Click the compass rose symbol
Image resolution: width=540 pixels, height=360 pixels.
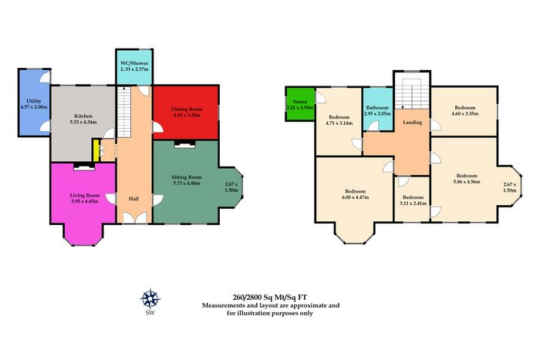[x=150, y=298]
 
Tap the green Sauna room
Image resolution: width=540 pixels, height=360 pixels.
[x=300, y=104]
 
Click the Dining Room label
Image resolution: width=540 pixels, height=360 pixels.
[x=187, y=109]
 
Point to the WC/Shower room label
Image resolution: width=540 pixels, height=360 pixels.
[x=134, y=63]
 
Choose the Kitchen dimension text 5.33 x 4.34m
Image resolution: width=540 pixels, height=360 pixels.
[x=83, y=122]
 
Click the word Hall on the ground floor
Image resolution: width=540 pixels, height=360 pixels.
[x=134, y=199]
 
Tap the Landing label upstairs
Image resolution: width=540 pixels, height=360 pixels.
[x=413, y=122]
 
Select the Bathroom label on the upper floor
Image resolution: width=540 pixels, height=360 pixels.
[x=377, y=107]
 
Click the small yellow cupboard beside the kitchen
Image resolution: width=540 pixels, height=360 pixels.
[x=96, y=150]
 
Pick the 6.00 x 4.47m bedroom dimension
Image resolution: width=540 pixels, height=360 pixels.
[x=356, y=197]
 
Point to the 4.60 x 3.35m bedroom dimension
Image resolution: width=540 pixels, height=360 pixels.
[x=465, y=113]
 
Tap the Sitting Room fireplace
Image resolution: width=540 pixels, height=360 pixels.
[x=184, y=144]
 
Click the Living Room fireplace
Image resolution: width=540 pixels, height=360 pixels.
[x=84, y=167]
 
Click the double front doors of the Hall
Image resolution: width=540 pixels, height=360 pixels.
[x=135, y=218]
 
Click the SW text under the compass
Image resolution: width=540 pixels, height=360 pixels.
[x=150, y=313]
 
